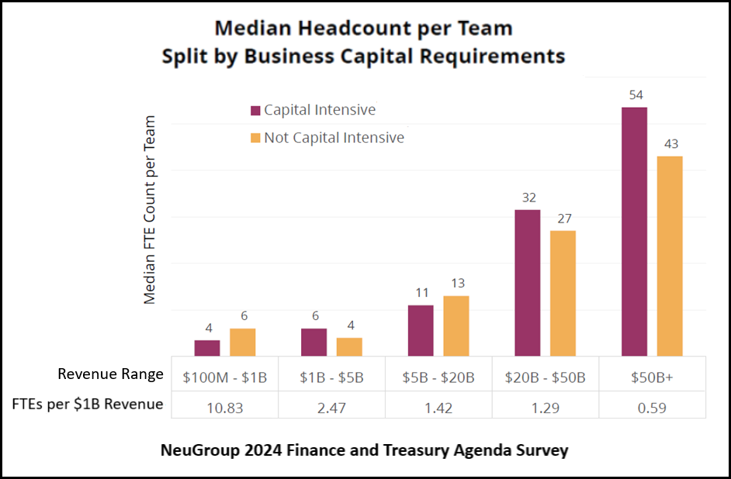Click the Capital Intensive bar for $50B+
634,231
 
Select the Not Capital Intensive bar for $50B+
670,256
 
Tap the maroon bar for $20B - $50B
527,282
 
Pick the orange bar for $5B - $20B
456,326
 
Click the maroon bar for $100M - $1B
207,347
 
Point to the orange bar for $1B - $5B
349,346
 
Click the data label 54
636,95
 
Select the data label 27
563,219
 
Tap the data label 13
457,284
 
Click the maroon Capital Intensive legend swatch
255,110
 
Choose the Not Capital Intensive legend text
334,138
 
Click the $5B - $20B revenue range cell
438,377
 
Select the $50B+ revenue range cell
653,377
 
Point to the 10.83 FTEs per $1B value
224,406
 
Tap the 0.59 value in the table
653,406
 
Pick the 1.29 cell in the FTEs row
546,406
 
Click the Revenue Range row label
110,374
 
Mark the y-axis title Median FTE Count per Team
151,209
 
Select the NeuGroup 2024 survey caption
364,450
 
